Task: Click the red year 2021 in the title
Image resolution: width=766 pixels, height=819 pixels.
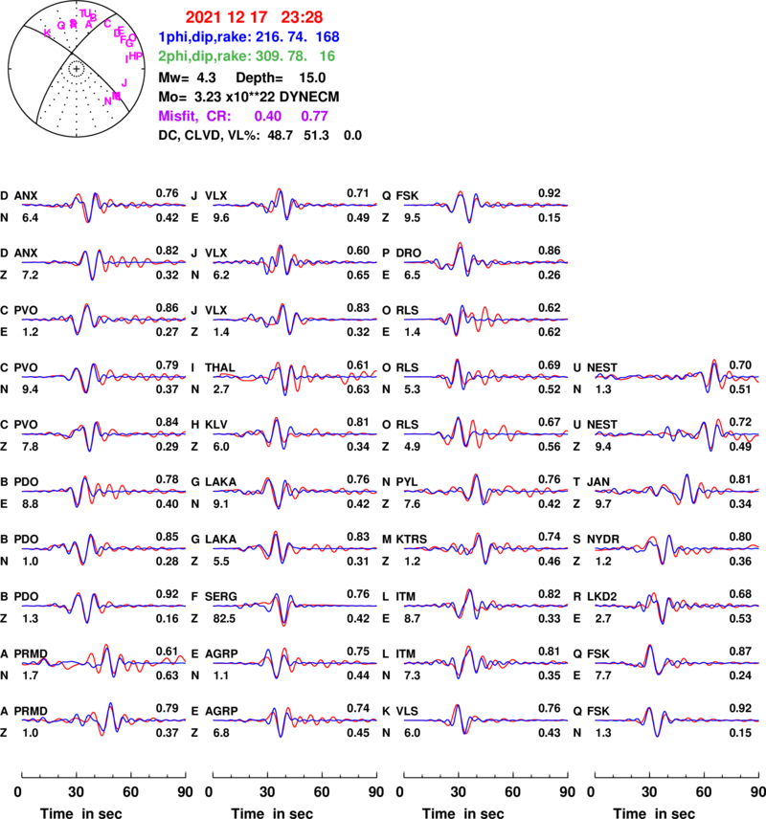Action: click(x=204, y=17)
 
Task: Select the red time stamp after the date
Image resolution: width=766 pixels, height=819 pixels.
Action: click(x=302, y=17)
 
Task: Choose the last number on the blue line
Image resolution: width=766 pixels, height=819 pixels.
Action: click(x=327, y=37)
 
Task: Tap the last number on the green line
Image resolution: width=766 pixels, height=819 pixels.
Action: click(x=327, y=56)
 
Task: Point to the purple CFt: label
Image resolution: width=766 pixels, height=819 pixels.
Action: click(x=219, y=116)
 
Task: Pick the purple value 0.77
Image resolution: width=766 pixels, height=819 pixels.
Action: click(x=315, y=116)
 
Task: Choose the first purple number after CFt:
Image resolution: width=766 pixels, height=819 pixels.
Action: click(x=268, y=116)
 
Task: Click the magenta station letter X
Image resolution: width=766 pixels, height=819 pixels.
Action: click(x=47, y=33)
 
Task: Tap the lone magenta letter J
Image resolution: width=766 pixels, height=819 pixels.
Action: click(x=124, y=83)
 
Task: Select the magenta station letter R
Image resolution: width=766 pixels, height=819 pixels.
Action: click(x=75, y=25)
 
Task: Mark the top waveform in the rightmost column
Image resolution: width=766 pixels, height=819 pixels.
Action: click(x=677, y=377)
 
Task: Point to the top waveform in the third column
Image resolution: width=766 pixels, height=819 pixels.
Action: click(x=485, y=205)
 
